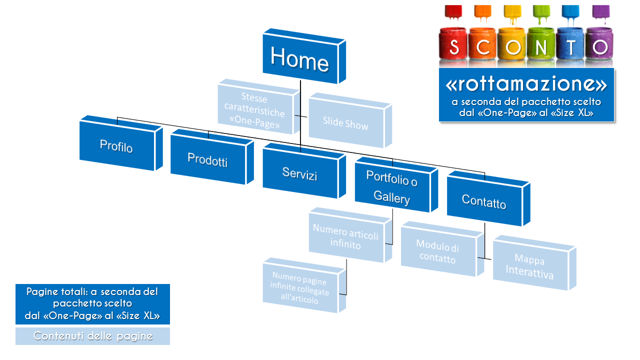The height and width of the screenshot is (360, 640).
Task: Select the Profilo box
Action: (x=121, y=143)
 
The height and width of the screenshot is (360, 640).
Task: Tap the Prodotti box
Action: (x=211, y=157)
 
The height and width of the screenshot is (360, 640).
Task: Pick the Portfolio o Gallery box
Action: (x=396, y=184)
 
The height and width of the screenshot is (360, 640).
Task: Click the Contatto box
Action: (x=488, y=198)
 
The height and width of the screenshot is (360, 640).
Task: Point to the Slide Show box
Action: (x=350, y=120)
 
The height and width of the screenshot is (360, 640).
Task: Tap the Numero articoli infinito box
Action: (x=350, y=235)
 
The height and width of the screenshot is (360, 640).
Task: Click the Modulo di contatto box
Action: (x=442, y=249)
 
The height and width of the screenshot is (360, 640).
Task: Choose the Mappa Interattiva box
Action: (x=534, y=263)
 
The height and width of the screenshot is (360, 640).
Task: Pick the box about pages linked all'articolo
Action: (x=304, y=285)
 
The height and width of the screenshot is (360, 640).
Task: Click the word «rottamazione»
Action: (x=526, y=84)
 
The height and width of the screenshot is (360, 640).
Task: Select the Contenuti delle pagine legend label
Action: (x=92, y=336)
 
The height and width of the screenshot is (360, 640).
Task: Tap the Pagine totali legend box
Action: (x=92, y=304)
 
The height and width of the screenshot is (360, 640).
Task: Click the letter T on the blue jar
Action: (x=570, y=47)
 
